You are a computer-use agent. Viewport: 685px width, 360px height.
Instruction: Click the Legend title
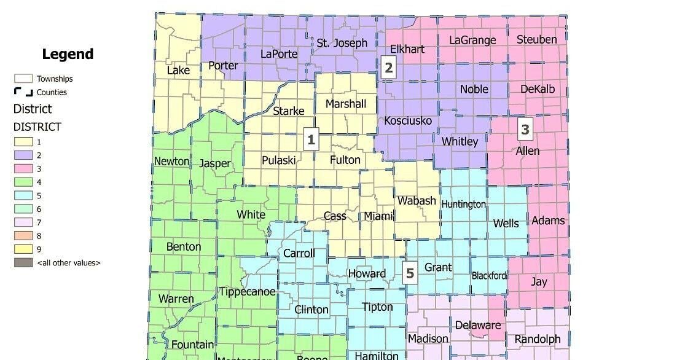coord(68,54)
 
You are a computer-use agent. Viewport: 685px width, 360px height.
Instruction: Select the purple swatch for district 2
coord(24,155)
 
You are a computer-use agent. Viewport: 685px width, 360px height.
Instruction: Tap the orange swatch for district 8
coord(24,236)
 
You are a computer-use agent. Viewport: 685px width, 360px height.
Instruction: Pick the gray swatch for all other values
coord(24,263)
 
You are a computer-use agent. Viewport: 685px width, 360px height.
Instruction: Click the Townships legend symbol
coord(24,79)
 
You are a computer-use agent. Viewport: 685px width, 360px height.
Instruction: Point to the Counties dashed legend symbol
coord(24,92)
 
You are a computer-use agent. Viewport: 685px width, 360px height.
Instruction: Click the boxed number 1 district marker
coord(311,139)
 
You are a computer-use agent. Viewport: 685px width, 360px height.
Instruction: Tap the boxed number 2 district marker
coord(388,68)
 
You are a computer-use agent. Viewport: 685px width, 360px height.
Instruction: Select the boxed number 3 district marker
coord(525,129)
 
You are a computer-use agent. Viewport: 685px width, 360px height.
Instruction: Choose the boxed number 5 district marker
coord(410,273)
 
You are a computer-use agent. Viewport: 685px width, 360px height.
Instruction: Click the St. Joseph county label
coord(342,43)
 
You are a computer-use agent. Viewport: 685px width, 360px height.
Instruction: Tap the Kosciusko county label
coord(408,120)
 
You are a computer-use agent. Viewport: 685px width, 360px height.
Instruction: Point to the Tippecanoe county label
coord(248,291)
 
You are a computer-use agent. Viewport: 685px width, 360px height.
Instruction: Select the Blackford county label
coord(489,276)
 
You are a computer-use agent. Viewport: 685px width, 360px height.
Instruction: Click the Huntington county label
coord(464,204)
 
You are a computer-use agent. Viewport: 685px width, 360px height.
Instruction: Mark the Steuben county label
coord(536,40)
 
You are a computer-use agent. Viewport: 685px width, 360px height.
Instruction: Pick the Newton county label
coord(171,161)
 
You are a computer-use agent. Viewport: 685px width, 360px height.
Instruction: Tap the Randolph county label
coord(538,339)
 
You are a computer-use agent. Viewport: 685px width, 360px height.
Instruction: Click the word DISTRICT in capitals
coord(37,127)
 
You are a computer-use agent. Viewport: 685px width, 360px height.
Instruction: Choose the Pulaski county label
coord(278,160)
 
